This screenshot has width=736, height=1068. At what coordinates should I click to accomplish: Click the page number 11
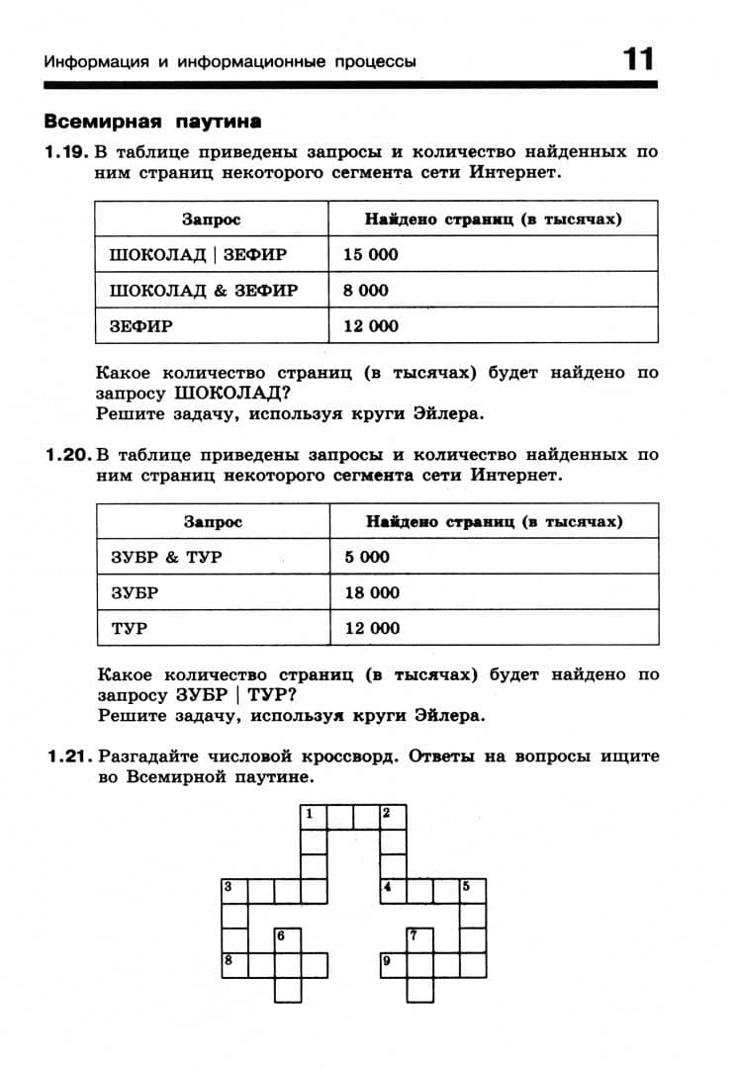pos(638,59)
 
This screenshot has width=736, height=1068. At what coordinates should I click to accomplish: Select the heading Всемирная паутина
pos(153,123)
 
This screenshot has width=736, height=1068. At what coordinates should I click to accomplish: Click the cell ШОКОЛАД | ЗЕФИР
pos(198,254)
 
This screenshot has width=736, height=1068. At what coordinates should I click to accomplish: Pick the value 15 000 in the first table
pos(371,254)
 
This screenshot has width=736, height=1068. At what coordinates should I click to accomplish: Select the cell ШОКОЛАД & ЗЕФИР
pos(203,290)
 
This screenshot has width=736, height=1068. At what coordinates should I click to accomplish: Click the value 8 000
pos(366,290)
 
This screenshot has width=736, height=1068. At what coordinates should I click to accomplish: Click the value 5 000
pos(367,557)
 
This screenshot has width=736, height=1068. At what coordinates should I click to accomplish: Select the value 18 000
pos(372,592)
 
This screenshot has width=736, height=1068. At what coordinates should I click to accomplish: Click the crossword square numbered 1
pos(314,817)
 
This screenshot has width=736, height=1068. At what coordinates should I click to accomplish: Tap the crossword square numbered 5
pos(473,889)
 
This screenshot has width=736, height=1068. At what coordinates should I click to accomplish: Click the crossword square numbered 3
pos(233,889)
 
